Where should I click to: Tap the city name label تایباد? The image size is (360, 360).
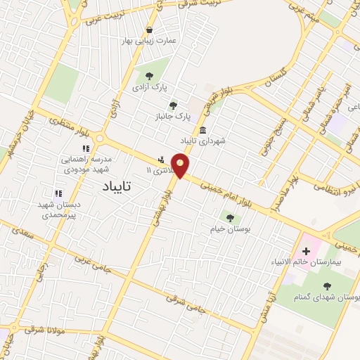pyautogui.click(x=111, y=187)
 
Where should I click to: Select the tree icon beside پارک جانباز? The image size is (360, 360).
pyautogui.click(x=173, y=105)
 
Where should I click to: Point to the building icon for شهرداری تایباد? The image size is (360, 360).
pyautogui.click(x=202, y=130)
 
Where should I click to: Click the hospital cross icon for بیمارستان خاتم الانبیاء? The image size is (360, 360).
pyautogui.click(x=306, y=251)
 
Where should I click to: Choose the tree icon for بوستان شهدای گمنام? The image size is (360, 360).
pyautogui.click(x=327, y=285)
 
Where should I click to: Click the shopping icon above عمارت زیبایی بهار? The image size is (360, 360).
pyautogui.click(x=149, y=30)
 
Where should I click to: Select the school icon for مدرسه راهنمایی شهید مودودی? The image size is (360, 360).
pyautogui.click(x=86, y=148)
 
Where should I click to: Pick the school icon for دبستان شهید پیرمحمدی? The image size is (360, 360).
pyautogui.click(x=58, y=193)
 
